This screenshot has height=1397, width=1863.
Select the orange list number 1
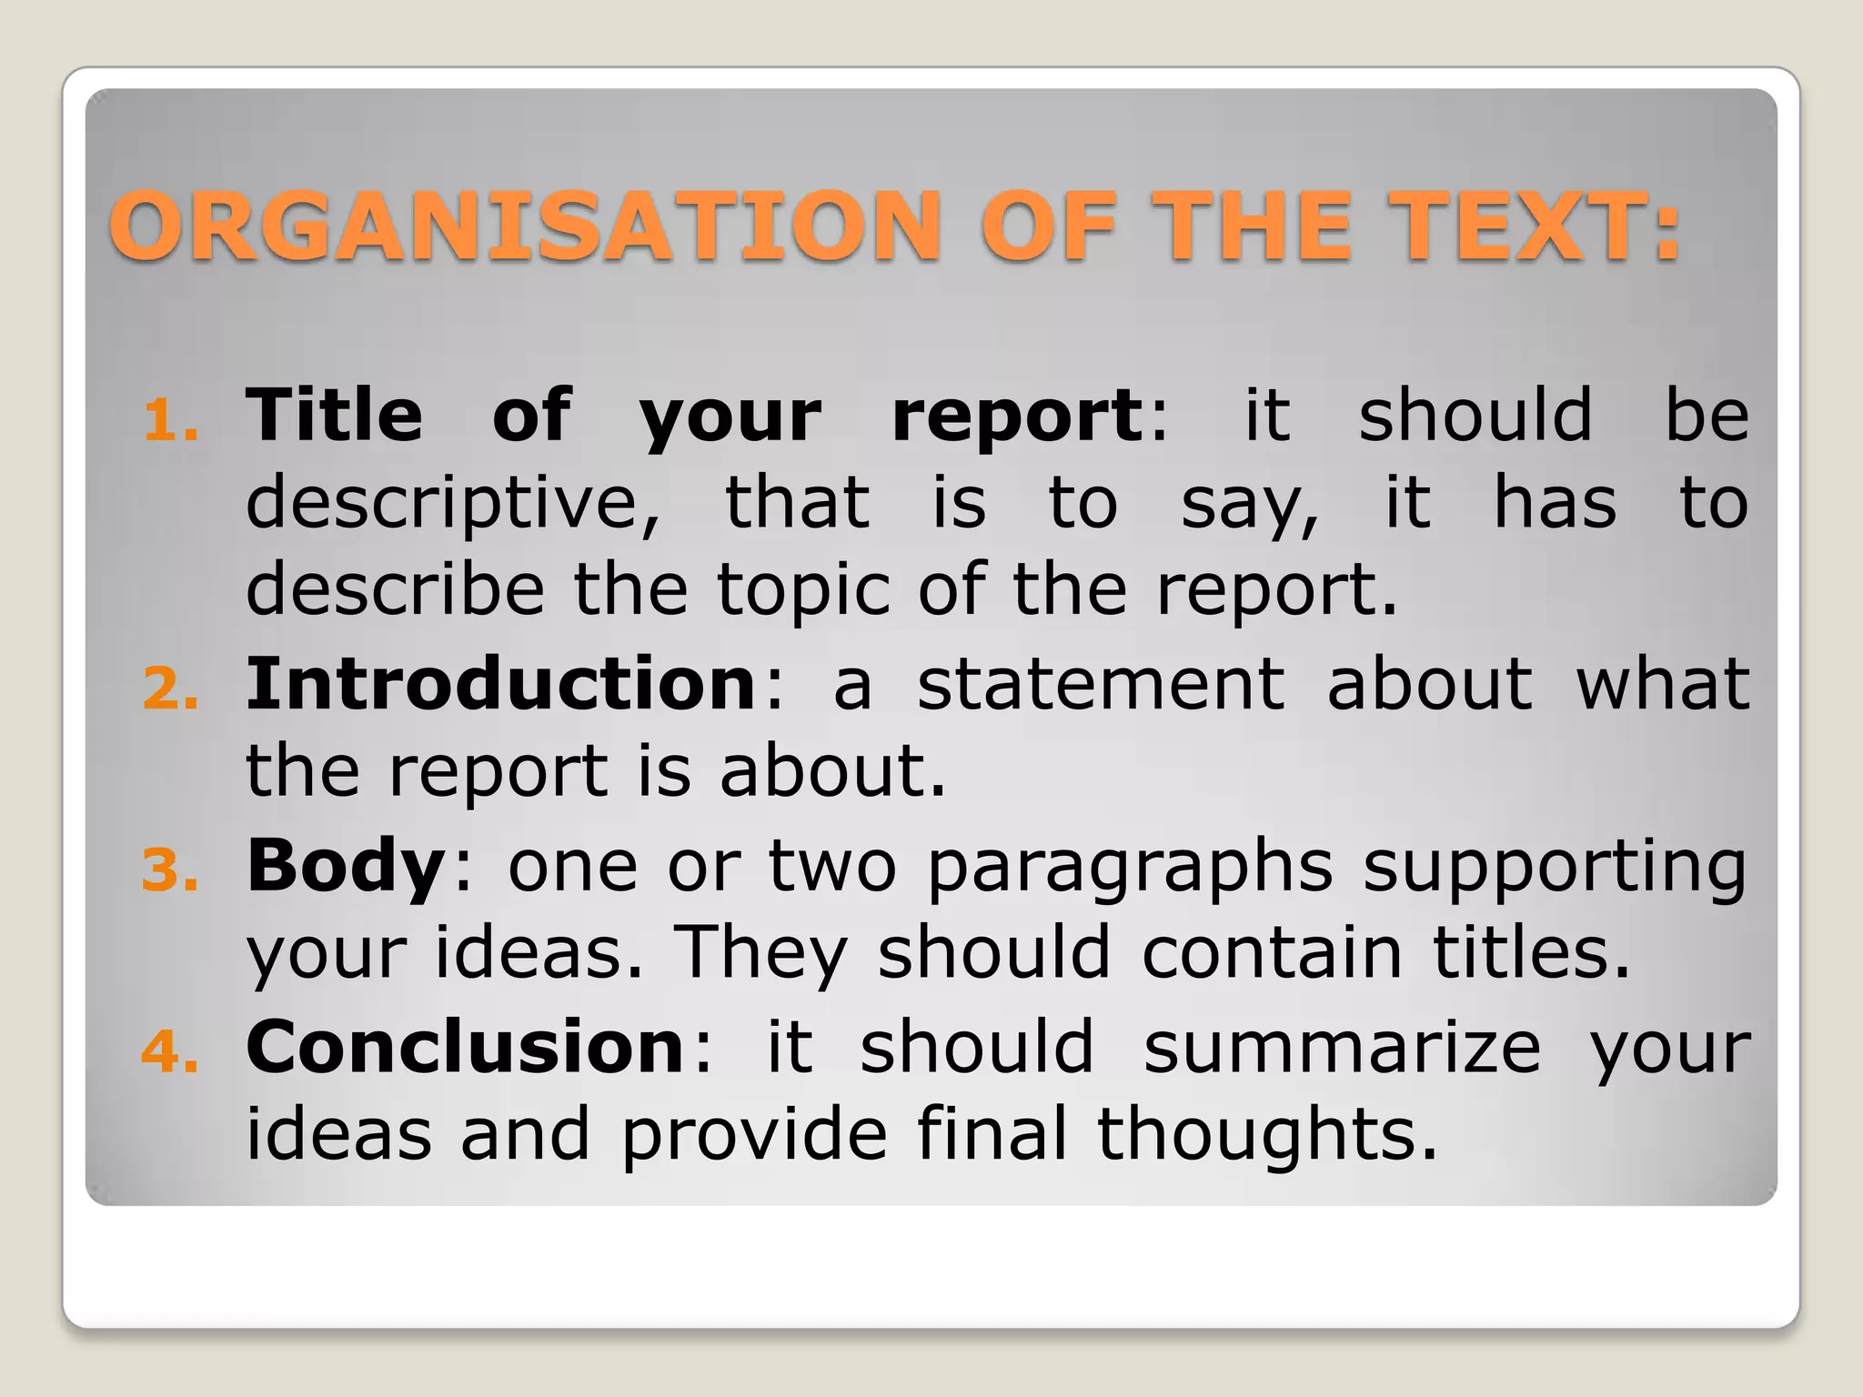[170, 422]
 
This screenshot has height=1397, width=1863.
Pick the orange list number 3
[170, 870]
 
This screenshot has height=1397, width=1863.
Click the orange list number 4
[170, 1052]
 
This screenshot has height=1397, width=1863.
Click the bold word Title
[334, 415]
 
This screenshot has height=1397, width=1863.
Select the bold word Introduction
[501, 683]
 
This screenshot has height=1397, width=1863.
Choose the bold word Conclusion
[465, 1046]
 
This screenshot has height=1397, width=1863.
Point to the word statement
[1101, 684]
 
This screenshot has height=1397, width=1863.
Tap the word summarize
[1342, 1048]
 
